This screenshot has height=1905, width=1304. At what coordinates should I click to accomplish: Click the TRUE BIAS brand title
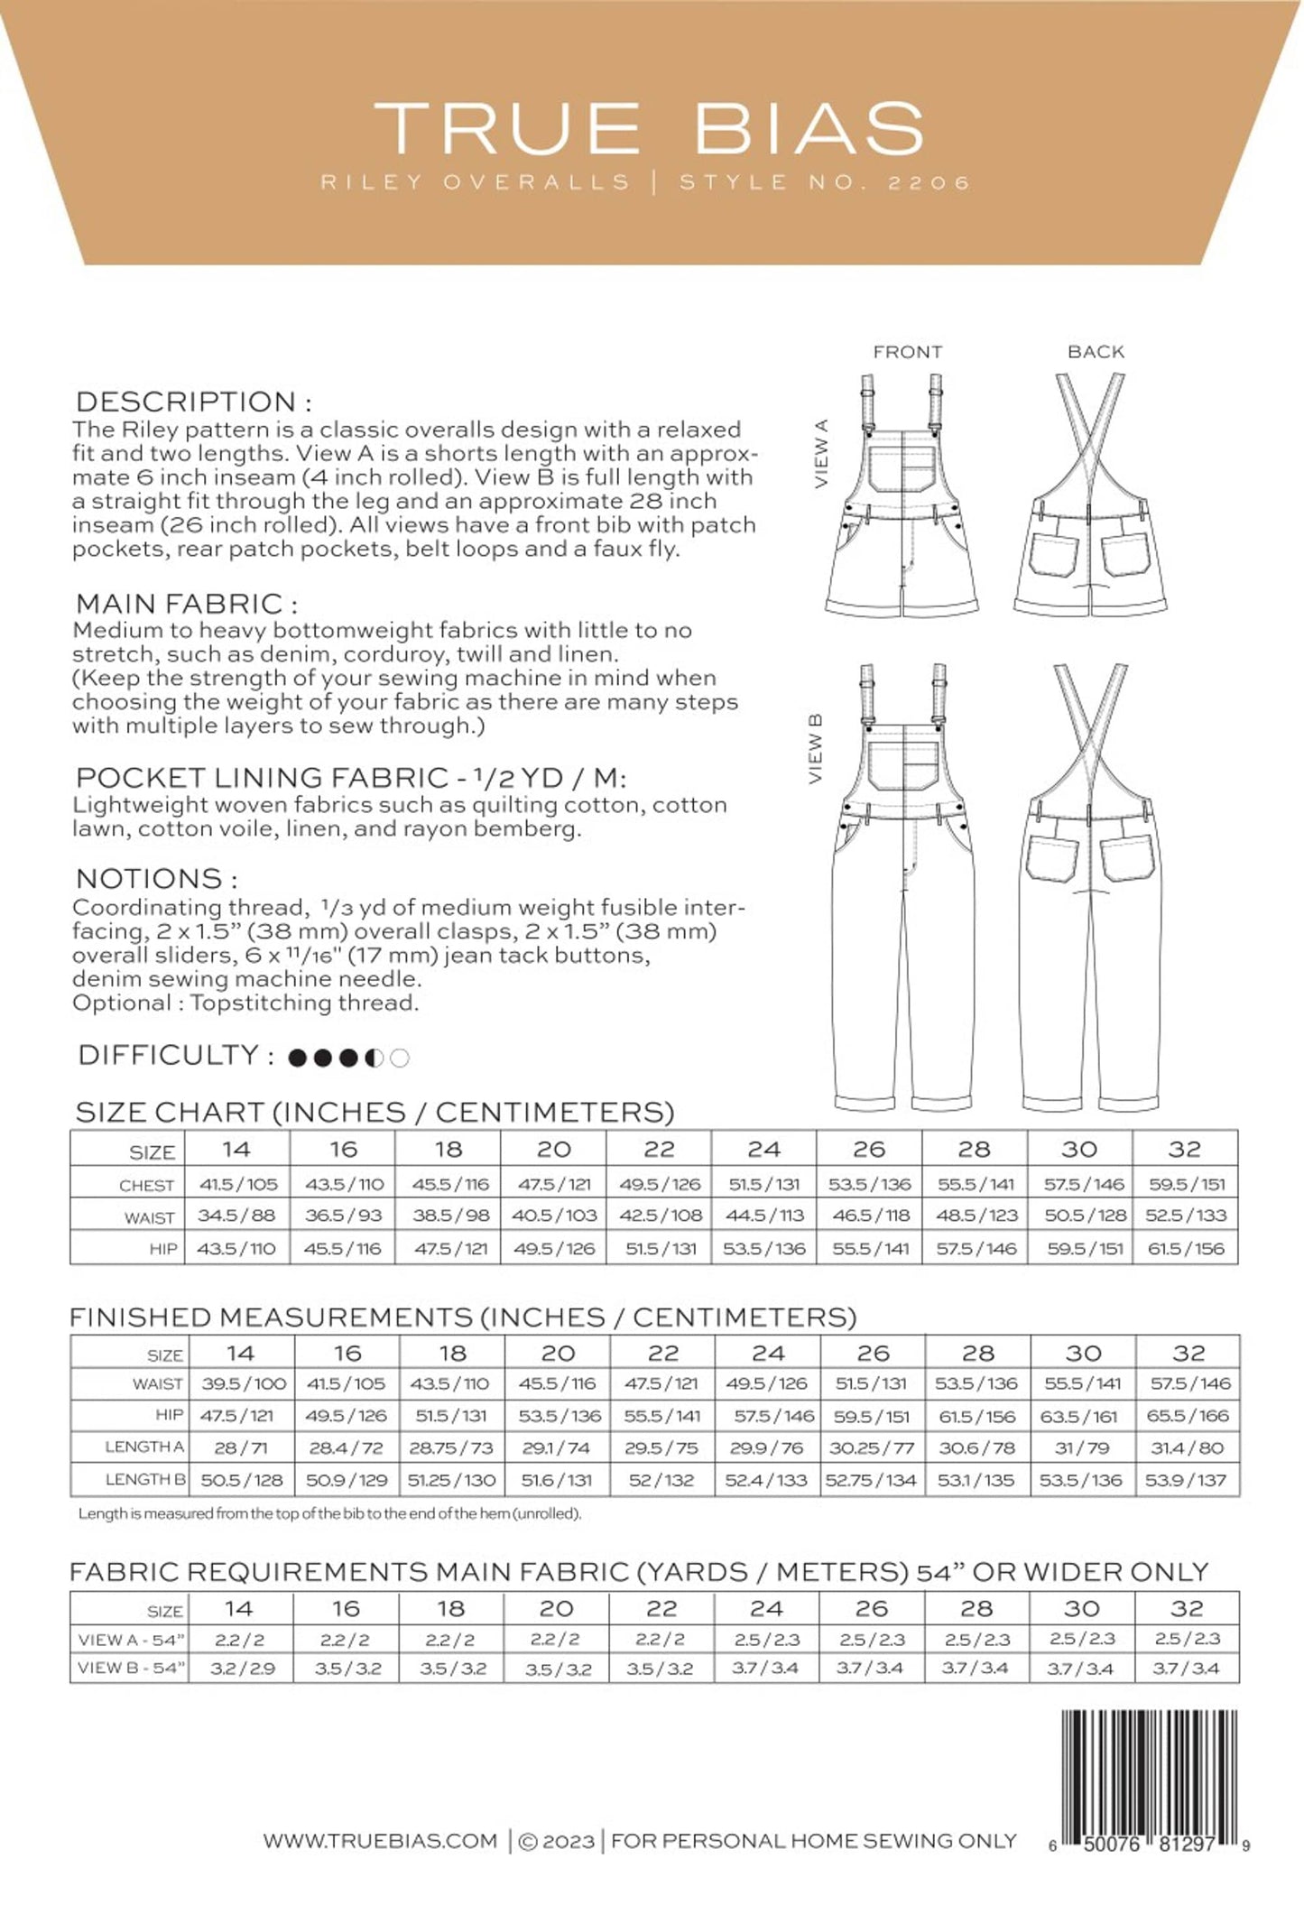tap(650, 128)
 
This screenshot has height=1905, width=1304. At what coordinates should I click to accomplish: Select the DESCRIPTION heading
tap(193, 402)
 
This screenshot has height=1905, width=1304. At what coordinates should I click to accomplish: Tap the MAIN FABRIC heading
tap(186, 603)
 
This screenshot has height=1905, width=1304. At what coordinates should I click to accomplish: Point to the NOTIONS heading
tap(156, 878)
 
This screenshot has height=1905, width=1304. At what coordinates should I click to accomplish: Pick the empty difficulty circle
tap(400, 1058)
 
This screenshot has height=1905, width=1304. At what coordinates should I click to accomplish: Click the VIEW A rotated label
tap(820, 454)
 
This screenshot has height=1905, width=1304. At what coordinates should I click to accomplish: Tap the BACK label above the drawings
tap(1096, 352)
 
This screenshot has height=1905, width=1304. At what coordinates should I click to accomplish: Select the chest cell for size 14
tap(238, 1184)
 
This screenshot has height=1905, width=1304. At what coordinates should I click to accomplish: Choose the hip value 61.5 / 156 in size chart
tap(1185, 1249)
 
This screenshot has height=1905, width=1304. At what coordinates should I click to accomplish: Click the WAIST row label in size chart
tap(149, 1217)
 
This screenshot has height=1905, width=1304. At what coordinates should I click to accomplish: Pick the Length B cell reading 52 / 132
tap(661, 1480)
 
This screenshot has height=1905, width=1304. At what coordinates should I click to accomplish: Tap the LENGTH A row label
tap(144, 1447)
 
